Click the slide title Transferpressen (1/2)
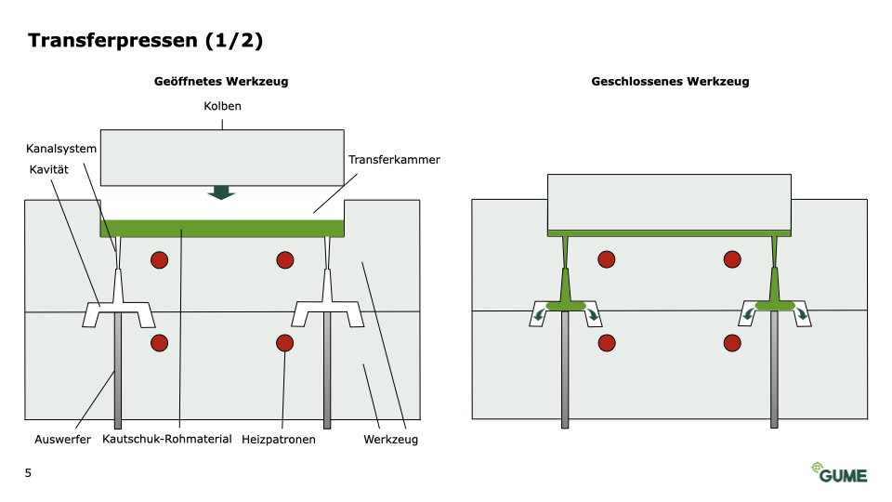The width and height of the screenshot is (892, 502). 146,40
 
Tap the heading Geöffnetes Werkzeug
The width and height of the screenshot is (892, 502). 221,82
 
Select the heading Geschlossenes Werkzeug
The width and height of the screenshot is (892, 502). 670,82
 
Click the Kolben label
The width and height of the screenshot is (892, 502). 222,107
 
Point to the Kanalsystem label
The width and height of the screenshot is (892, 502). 61,149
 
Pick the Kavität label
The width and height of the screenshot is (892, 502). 49,169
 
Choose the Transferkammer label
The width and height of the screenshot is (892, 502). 394,160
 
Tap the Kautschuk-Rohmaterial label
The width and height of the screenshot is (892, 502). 167,440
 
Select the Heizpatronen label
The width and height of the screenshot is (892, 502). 279,440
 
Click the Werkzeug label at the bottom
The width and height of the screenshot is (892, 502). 390,440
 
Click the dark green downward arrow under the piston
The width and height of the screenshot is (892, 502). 221,192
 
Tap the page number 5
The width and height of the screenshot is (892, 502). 28,473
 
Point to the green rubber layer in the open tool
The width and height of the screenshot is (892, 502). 223,228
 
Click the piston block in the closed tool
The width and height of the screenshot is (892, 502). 669,201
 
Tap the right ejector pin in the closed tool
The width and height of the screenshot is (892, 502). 774,372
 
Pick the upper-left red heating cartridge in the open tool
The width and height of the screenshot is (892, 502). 160,260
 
